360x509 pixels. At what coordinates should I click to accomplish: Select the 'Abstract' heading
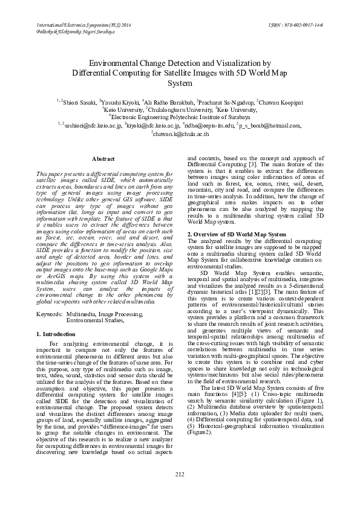102,158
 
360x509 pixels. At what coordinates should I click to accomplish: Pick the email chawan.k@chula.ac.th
180,134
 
